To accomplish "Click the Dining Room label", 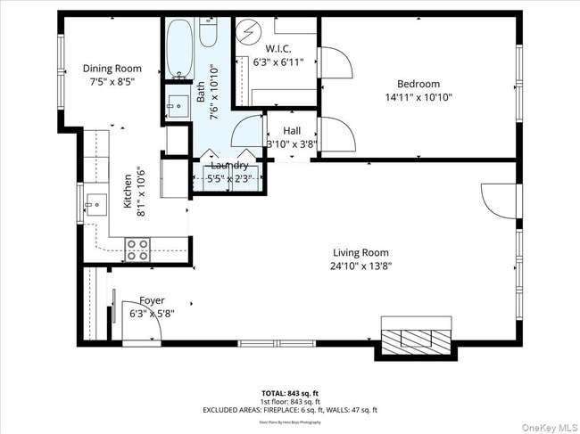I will [112, 68].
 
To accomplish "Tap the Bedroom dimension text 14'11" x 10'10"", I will [419, 97].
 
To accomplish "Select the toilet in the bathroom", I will [208, 33].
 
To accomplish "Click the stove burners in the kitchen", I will [137, 249].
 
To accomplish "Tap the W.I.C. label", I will [278, 49].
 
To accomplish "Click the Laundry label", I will [229, 166].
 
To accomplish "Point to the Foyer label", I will [152, 300].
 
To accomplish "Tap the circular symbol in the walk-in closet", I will [247, 28].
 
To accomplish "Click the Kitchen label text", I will [128, 191].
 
